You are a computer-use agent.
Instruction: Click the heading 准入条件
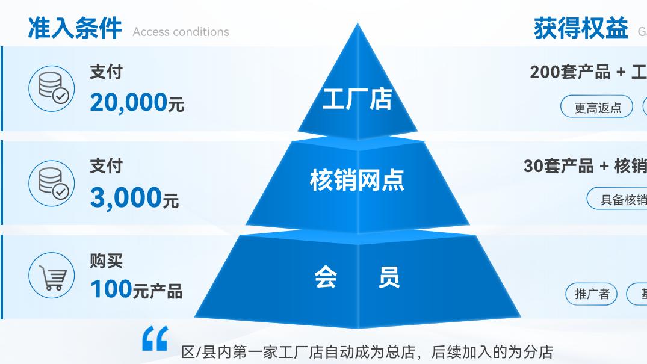tap(75, 28)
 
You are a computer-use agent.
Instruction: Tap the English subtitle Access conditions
tap(181, 32)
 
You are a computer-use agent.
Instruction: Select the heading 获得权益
tap(581, 28)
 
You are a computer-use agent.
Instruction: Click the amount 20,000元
tap(137, 103)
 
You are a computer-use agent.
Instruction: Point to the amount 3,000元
tap(134, 197)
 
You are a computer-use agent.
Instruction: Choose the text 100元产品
tap(136, 290)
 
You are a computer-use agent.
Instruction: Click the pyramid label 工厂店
tap(357, 99)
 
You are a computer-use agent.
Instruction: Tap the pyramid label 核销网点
tap(357, 180)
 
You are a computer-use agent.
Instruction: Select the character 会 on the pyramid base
tap(326, 277)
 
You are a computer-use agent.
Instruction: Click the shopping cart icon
tap(52, 276)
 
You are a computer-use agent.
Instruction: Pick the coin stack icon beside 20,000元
tap(52, 88)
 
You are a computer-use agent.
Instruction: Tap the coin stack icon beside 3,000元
tap(52, 183)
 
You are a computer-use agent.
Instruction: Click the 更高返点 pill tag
tap(597, 108)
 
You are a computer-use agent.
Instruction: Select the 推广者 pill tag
tap(592, 294)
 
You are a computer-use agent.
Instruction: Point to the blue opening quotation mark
tap(155, 339)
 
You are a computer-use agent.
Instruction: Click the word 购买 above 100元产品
tap(106, 261)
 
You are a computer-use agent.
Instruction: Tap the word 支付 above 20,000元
tap(106, 72)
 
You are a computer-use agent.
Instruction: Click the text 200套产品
tap(569, 72)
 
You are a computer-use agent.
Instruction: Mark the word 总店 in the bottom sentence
tap(400, 352)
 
